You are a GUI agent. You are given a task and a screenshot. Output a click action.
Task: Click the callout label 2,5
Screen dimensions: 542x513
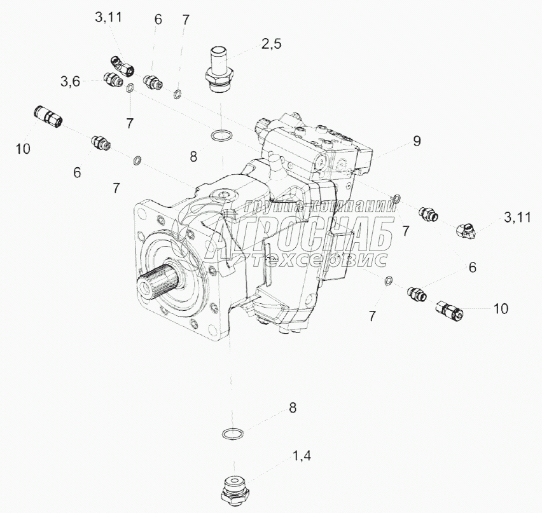coord(271,44)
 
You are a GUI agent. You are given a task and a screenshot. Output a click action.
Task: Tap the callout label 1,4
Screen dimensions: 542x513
coord(302,456)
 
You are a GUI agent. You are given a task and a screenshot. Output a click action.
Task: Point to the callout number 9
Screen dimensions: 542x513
coord(417,141)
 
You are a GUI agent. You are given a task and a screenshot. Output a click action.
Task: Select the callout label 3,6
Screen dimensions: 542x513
coord(70,82)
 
